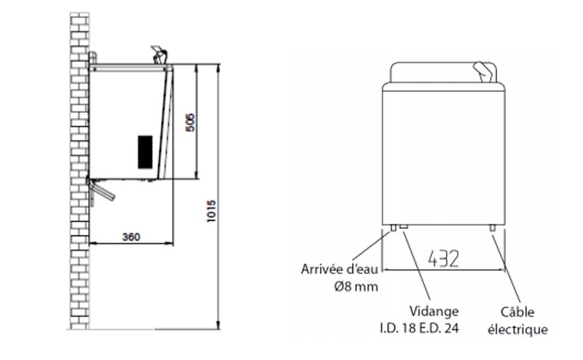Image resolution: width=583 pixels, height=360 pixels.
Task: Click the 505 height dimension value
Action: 190,122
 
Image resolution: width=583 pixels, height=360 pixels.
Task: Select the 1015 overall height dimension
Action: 211,211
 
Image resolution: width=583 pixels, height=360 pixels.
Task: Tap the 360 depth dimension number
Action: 131,237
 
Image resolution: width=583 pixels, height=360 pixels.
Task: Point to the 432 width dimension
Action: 443,259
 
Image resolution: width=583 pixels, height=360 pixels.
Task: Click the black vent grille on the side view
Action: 145,152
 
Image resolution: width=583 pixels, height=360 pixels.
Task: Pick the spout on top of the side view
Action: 160,55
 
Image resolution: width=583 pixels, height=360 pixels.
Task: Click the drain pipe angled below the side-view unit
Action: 101,189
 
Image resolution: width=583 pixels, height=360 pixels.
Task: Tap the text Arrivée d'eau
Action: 339,269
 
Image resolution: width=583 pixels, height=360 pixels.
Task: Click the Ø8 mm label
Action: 356,286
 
